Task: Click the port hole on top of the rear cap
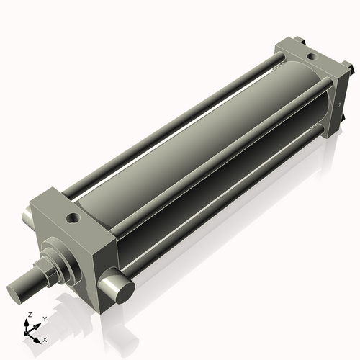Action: click(x=310, y=55)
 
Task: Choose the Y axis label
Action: click(x=44, y=318)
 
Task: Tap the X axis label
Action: click(x=45, y=338)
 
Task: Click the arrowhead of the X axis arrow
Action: click(x=39, y=336)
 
